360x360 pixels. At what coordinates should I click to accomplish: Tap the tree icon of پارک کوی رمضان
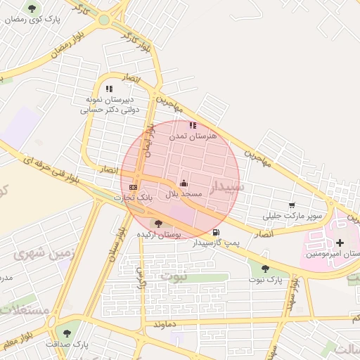[31, 8]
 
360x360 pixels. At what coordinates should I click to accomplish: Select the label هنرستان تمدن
[193, 135]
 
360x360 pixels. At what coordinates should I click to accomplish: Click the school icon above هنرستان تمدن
[193, 125]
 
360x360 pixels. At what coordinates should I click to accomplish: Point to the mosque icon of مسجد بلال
[184, 183]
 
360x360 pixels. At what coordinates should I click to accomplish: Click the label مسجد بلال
[184, 193]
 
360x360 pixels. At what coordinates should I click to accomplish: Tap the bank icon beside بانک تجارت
[133, 187]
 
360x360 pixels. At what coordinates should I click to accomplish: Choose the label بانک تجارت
[133, 198]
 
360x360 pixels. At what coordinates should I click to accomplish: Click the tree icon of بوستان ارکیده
[158, 224]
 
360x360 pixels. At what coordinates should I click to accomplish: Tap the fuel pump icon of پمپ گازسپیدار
[214, 233]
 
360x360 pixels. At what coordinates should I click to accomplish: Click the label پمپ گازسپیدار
[214, 243]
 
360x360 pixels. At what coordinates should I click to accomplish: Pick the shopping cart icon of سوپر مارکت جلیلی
[292, 205]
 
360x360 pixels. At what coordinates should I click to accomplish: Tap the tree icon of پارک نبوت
[265, 269]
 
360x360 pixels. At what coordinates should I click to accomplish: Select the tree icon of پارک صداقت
[67, 333]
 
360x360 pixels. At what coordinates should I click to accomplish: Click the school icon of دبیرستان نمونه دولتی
[109, 89]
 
